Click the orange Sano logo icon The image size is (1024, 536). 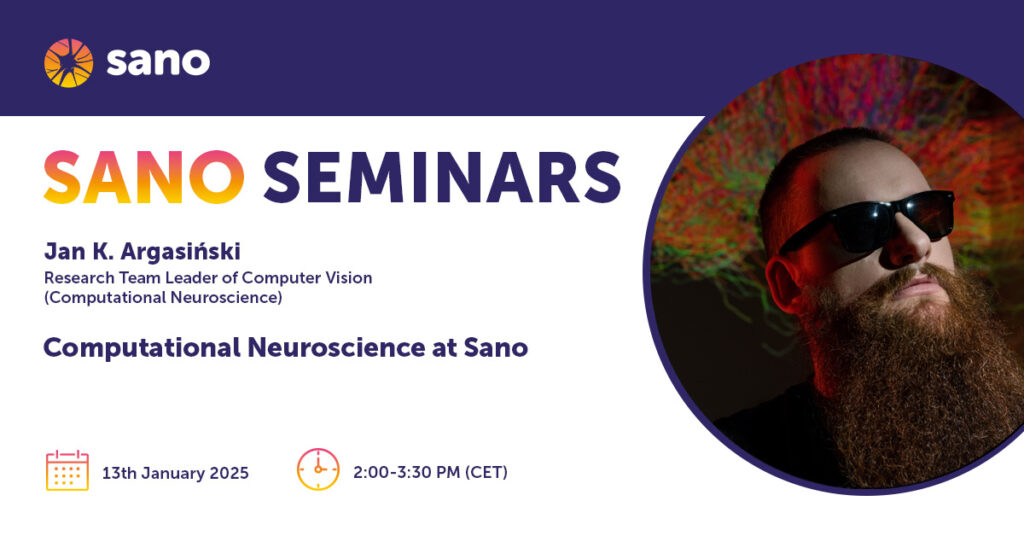coord(69,63)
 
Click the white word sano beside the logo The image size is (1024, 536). coord(158,62)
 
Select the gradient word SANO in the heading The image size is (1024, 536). coord(144,177)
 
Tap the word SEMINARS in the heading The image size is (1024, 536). coord(441,177)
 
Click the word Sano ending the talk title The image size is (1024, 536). coord(496,347)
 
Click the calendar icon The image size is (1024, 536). coord(67,470)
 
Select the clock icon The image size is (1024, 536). coord(318,469)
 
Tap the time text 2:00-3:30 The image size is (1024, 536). coord(389,473)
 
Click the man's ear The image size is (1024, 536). coord(783,283)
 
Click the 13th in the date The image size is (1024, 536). coord(119,473)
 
